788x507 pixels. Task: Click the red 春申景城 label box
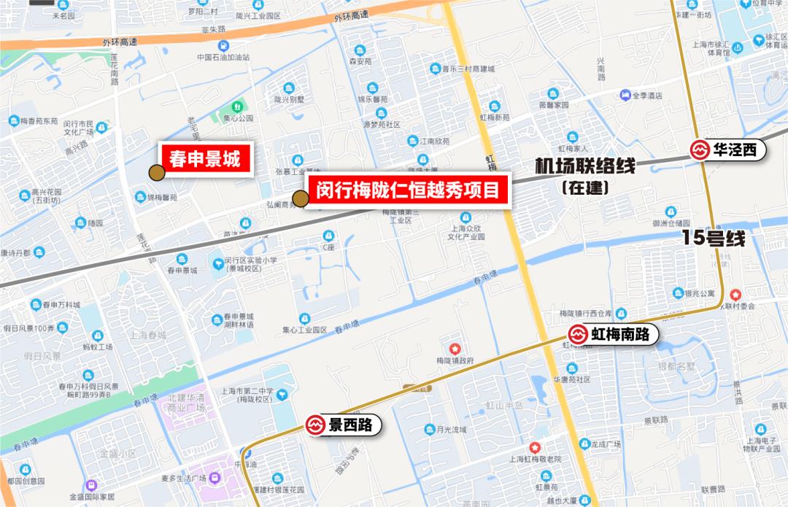(x=205, y=158)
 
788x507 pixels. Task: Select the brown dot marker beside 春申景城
(x=156, y=172)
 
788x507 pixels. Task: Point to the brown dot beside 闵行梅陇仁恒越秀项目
(x=300, y=198)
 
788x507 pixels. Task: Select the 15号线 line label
(x=714, y=238)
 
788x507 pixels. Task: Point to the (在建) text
(x=585, y=187)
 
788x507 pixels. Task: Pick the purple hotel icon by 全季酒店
(x=625, y=95)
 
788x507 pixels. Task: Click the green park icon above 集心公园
(x=233, y=107)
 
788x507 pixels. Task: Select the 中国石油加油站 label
(x=223, y=58)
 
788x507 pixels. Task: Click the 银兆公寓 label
(x=699, y=294)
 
